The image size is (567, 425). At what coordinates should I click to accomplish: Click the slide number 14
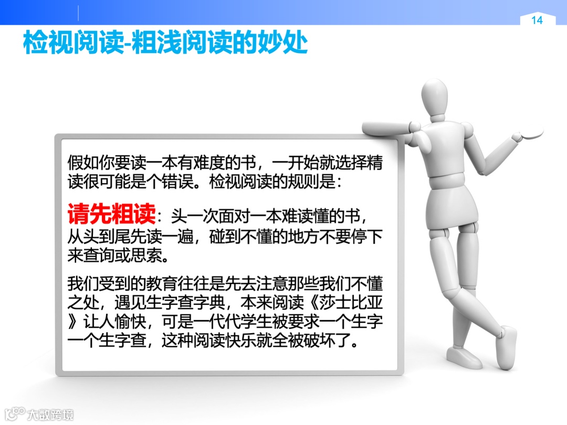click(x=537, y=20)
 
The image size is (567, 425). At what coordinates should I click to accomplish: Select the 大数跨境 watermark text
click(x=50, y=414)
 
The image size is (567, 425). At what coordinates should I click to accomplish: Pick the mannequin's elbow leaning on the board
click(x=415, y=127)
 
